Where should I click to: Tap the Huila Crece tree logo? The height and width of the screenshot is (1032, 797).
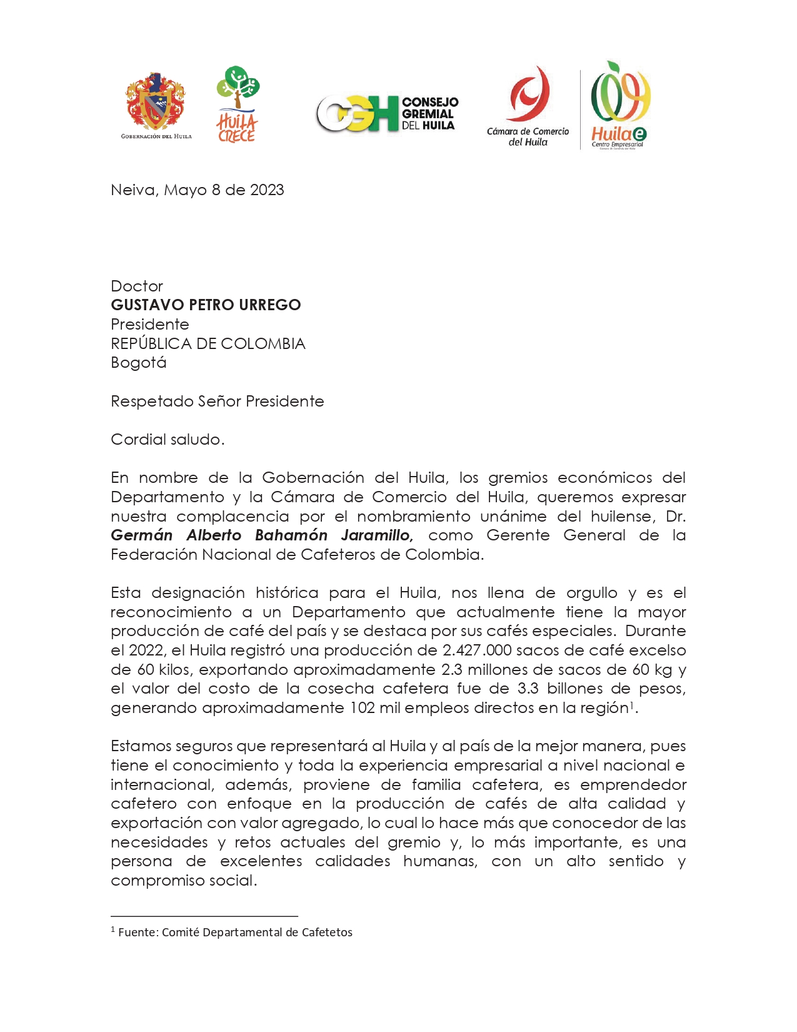[237, 104]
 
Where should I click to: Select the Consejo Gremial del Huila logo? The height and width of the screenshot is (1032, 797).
[387, 113]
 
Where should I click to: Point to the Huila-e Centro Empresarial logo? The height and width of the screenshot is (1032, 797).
[619, 105]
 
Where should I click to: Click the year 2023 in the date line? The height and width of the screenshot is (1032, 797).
[267, 190]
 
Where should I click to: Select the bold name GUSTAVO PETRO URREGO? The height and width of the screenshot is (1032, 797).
[206, 305]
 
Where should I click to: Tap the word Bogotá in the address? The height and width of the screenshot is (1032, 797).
[138, 363]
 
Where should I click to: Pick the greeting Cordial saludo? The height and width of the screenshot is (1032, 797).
[167, 440]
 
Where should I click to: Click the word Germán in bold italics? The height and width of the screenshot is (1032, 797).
[142, 535]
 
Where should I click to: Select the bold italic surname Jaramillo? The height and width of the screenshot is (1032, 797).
[376, 535]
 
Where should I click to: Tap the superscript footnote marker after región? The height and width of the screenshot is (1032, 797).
[632, 705]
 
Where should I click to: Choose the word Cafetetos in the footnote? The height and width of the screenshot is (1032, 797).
[327, 933]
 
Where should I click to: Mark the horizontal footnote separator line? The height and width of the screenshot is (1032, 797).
[204, 916]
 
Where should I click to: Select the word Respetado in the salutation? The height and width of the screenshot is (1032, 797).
[152, 402]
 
